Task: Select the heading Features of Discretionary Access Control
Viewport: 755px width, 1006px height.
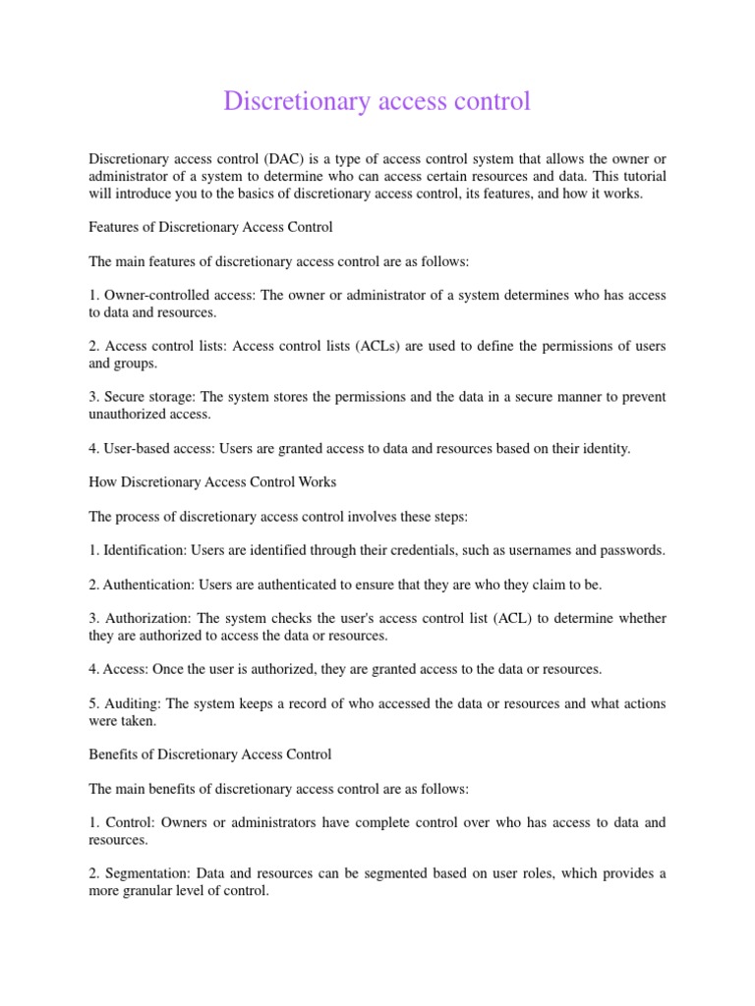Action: (210, 227)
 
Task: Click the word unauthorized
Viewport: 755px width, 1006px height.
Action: (129, 415)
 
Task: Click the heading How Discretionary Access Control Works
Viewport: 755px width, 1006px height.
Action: (212, 481)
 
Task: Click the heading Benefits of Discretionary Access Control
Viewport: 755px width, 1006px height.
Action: (210, 754)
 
